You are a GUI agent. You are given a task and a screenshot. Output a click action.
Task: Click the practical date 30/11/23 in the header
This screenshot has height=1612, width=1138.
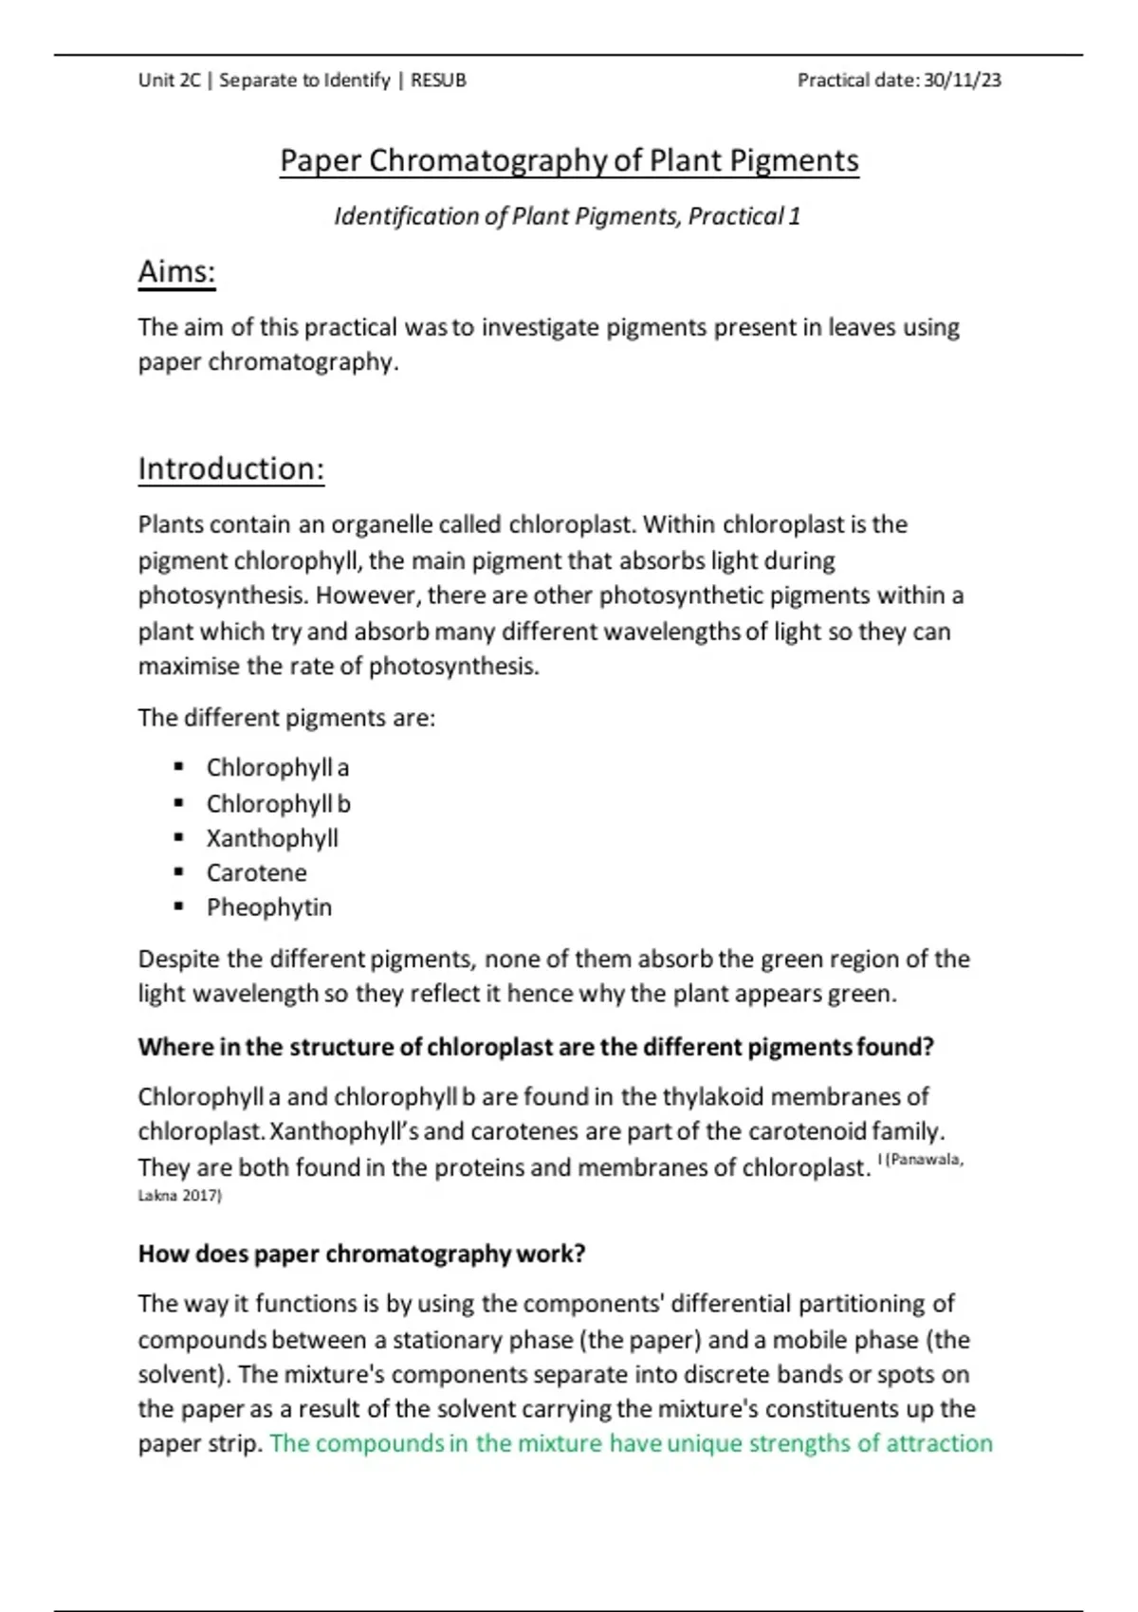pyautogui.click(x=962, y=81)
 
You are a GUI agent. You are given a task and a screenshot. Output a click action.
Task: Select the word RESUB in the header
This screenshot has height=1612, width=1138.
pyautogui.click(x=438, y=81)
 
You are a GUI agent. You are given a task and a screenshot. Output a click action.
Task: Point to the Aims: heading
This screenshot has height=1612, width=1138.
pyautogui.click(x=176, y=272)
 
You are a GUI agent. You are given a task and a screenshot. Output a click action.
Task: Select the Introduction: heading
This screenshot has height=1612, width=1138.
pyautogui.click(x=230, y=468)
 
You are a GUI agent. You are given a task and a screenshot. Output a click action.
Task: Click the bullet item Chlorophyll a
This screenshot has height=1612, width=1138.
pyautogui.click(x=277, y=767)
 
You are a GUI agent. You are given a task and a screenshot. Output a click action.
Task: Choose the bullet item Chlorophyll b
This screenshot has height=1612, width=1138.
pyautogui.click(x=278, y=803)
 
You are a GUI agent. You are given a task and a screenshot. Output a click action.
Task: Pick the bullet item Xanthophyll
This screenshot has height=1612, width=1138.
pyautogui.click(x=272, y=838)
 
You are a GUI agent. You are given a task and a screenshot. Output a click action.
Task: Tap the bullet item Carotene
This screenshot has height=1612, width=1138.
pyautogui.click(x=256, y=872)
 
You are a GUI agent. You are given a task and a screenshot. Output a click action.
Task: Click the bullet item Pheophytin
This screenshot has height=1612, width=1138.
pyautogui.click(x=269, y=907)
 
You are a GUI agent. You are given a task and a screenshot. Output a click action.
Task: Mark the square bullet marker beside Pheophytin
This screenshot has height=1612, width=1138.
pyautogui.click(x=178, y=907)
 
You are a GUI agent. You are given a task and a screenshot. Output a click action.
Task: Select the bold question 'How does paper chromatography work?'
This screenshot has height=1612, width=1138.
pyautogui.click(x=361, y=1254)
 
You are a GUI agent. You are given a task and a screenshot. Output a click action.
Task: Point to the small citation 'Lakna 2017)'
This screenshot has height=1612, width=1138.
pyautogui.click(x=179, y=1196)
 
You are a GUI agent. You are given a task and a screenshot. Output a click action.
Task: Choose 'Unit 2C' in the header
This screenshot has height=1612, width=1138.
pyautogui.click(x=169, y=81)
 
